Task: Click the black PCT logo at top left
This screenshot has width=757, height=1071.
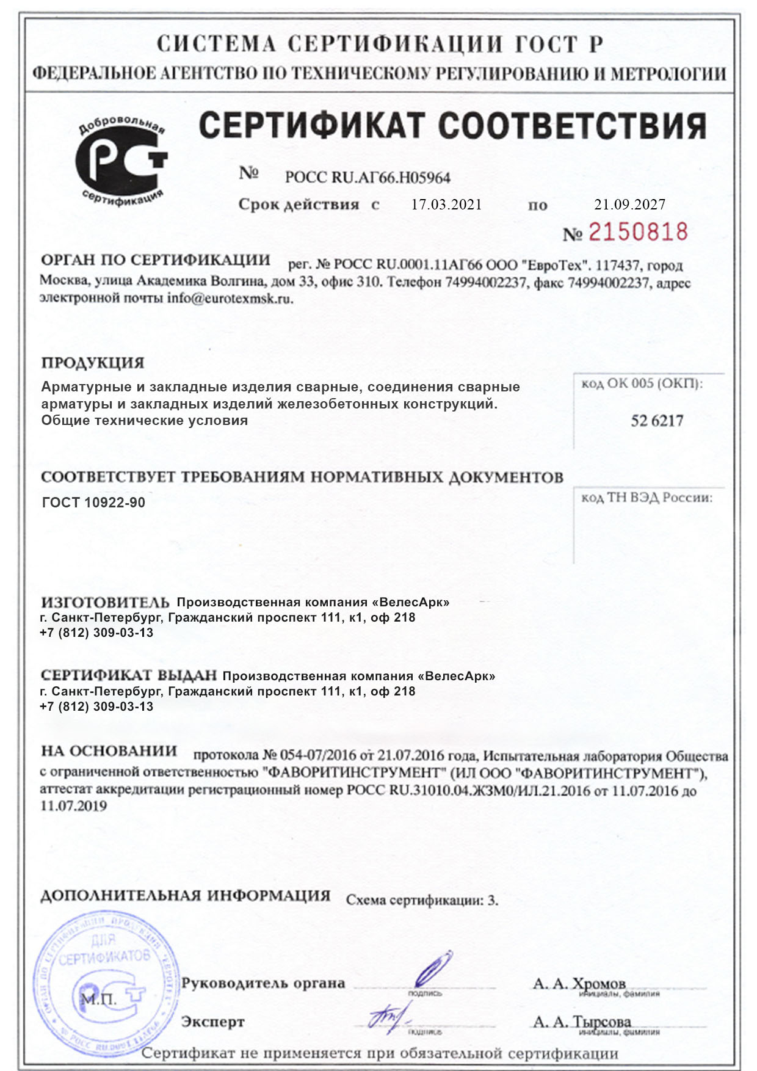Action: point(121,161)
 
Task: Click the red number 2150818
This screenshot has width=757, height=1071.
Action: point(637,232)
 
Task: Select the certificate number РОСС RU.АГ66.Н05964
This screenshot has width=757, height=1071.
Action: point(368,178)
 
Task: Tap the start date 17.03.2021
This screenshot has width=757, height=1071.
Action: point(446,205)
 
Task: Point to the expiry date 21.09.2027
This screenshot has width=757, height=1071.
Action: point(629,205)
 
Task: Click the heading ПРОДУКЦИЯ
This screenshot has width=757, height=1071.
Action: point(93,363)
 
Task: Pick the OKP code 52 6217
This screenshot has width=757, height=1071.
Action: point(657,421)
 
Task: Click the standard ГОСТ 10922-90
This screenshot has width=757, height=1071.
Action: point(93,503)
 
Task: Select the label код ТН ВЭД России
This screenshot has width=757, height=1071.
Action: point(647,498)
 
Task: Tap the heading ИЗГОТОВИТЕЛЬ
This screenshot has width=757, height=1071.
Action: point(105,602)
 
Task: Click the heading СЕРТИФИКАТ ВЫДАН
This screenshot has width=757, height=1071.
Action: point(129,675)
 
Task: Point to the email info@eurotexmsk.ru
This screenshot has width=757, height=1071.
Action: point(230,299)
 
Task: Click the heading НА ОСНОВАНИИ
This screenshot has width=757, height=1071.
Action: point(109,751)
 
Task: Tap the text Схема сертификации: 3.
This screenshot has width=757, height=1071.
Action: point(422,900)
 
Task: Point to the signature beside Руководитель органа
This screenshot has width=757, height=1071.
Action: point(433,970)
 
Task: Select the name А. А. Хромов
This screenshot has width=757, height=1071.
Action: point(579,984)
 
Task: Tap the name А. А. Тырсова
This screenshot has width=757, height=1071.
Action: point(582,1022)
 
